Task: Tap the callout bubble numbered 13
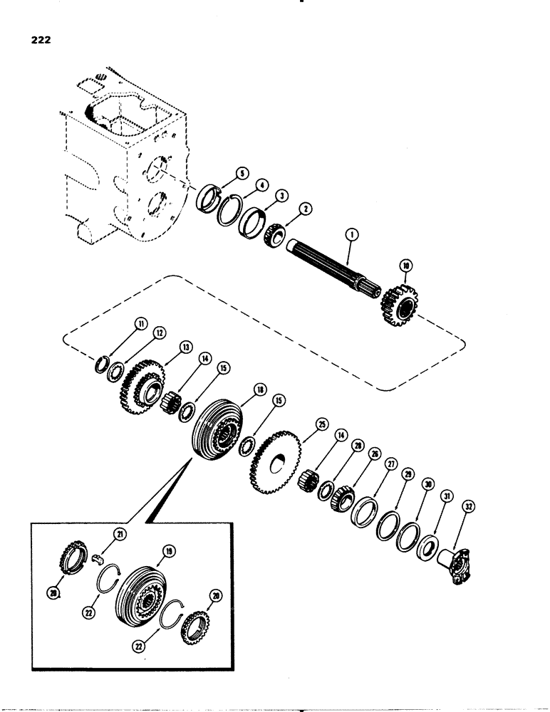coord(166,347)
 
